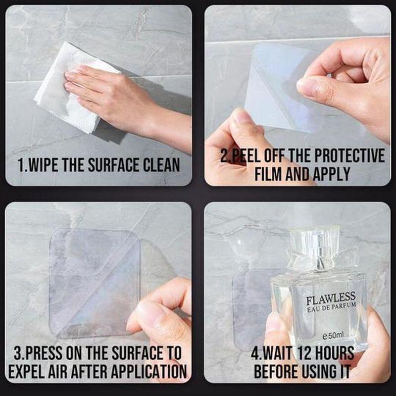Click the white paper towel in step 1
point(59,94)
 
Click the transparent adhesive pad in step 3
point(89,277)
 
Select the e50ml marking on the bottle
point(333,336)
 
